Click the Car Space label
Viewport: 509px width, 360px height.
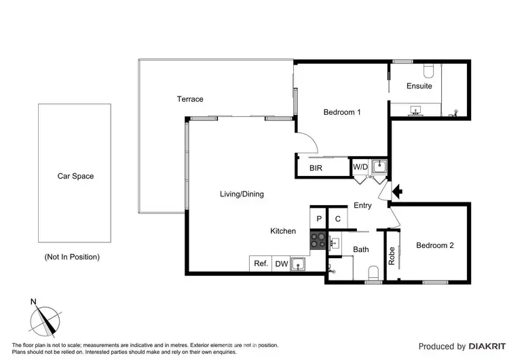(x=75, y=176)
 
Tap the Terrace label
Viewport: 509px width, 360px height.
(x=190, y=99)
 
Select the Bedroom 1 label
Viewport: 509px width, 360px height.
(x=341, y=112)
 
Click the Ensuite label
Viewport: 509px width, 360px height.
(x=419, y=86)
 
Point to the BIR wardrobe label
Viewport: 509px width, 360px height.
(x=316, y=167)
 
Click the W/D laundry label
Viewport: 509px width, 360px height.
(x=360, y=167)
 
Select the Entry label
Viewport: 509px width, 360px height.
(x=362, y=206)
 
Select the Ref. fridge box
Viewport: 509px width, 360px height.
(x=261, y=264)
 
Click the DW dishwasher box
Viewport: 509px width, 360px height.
(x=281, y=264)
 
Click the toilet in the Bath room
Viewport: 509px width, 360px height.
(x=373, y=273)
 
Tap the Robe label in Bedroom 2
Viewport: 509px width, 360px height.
(x=392, y=253)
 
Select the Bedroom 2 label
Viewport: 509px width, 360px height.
(x=434, y=245)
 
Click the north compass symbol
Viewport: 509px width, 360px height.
(x=45, y=318)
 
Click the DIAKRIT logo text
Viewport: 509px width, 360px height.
(x=484, y=346)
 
